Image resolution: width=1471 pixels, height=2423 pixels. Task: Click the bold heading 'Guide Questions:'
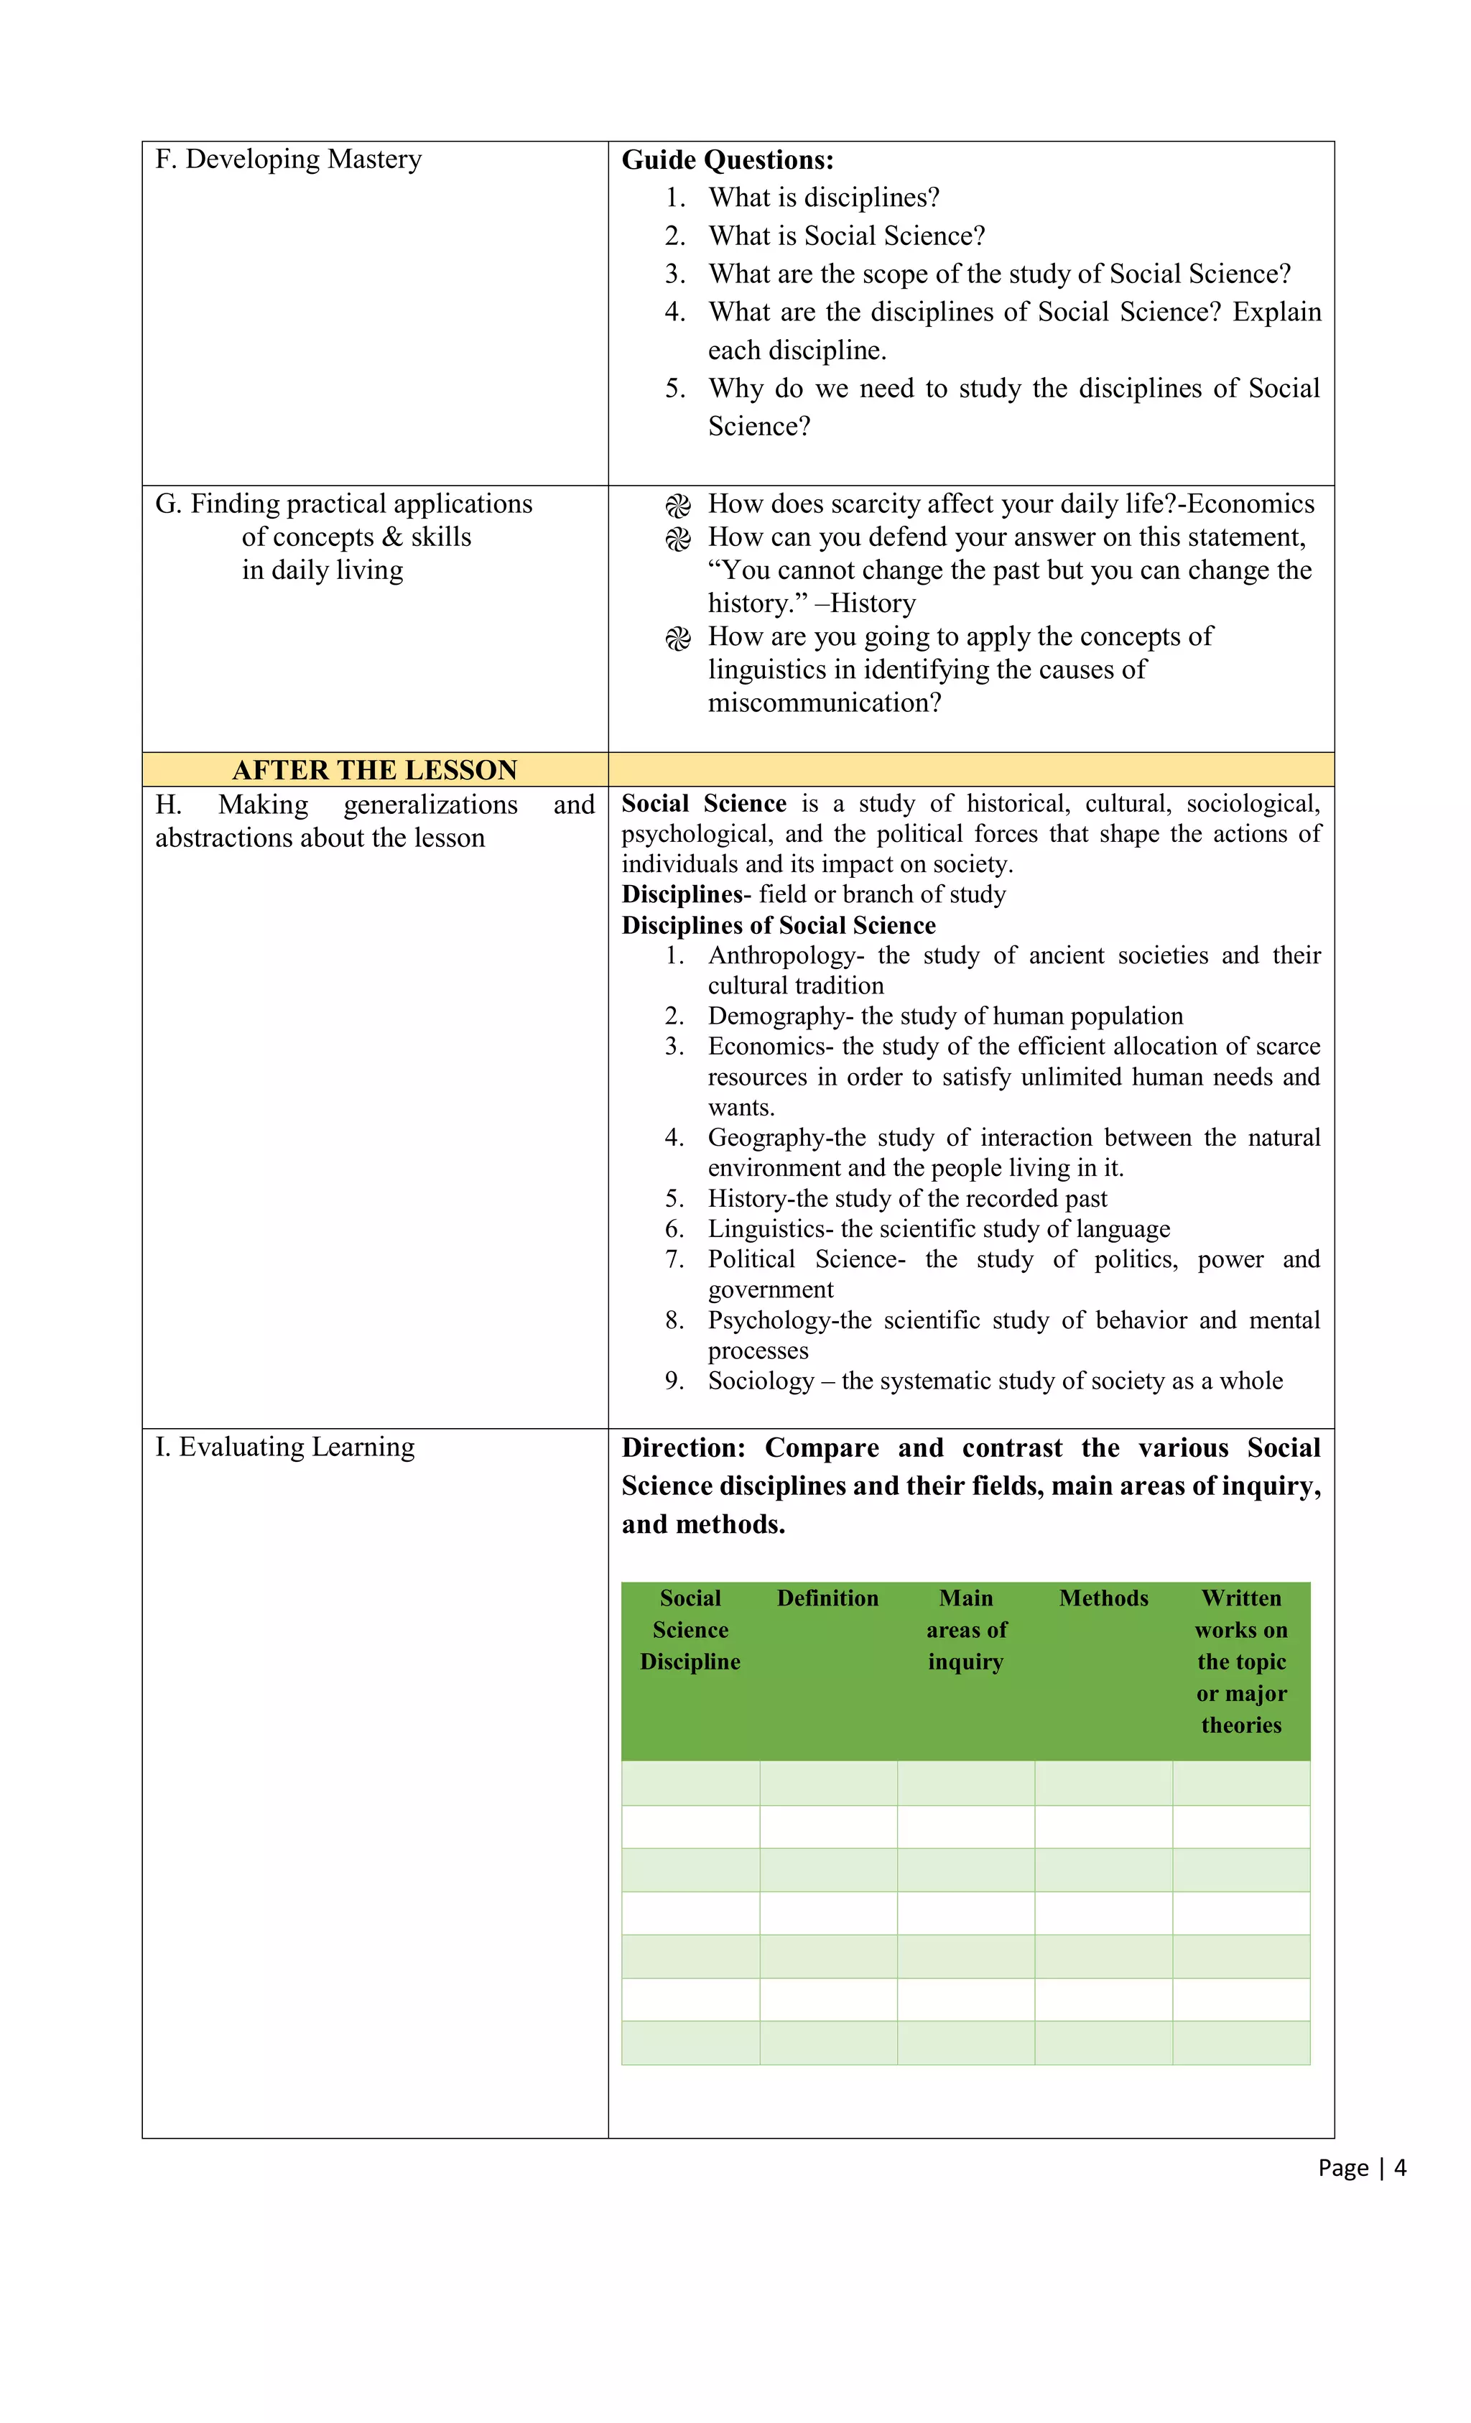[727, 160]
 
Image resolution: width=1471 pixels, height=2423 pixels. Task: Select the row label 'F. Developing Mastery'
[288, 159]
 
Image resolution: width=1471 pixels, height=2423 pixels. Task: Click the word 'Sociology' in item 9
[760, 1381]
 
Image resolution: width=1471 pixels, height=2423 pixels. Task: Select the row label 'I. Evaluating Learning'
[285, 1447]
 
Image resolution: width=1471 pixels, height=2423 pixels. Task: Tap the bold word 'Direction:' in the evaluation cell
[683, 1448]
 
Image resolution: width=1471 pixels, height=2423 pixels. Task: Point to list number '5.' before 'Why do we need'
[674, 389]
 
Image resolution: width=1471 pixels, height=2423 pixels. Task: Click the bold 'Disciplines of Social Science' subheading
[778, 925]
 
